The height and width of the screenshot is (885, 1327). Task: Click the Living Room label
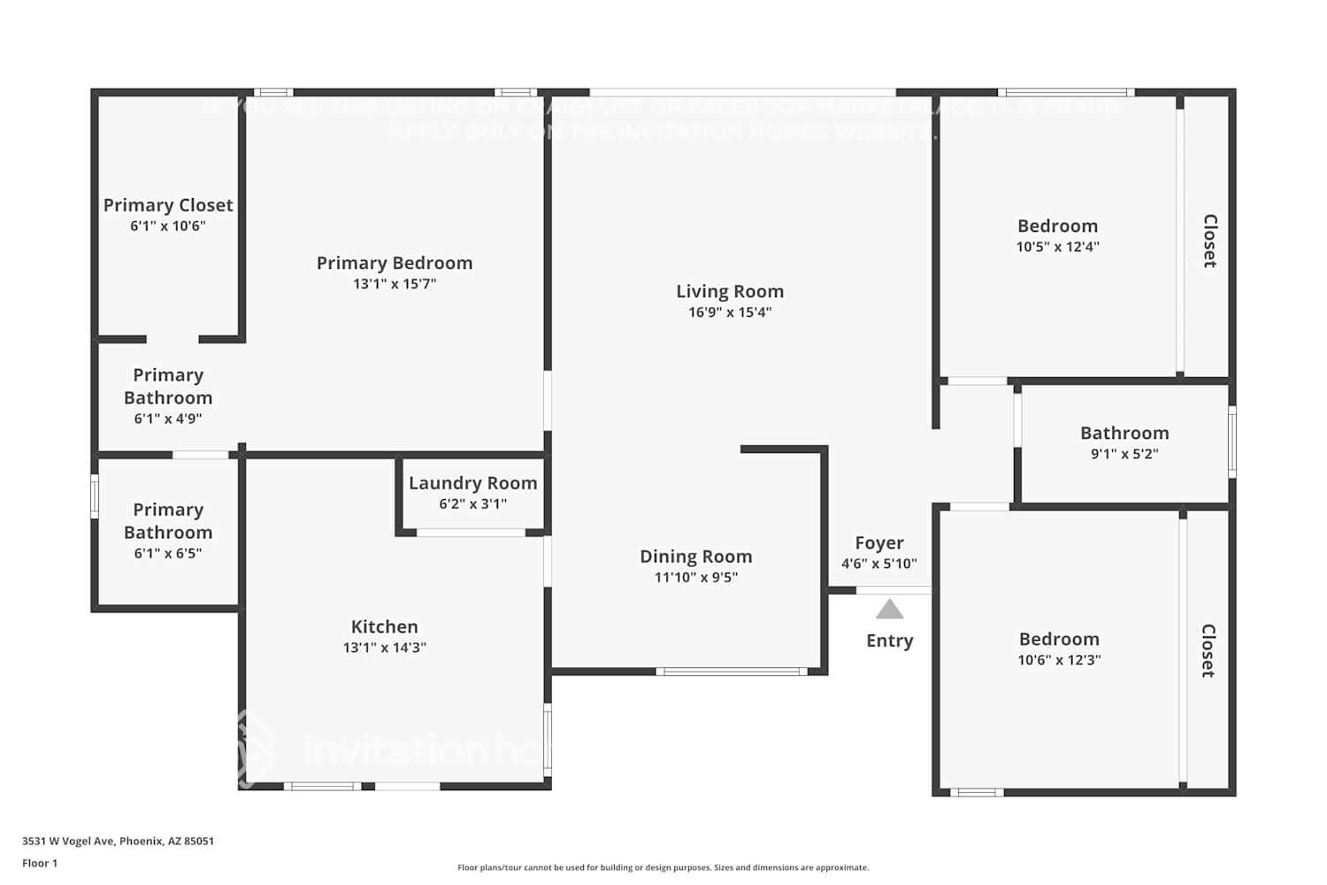point(730,291)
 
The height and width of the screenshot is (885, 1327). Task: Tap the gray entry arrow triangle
point(889,610)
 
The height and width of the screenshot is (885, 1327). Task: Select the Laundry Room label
point(472,483)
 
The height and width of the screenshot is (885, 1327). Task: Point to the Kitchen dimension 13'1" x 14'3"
point(384,648)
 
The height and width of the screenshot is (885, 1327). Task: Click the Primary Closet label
point(168,205)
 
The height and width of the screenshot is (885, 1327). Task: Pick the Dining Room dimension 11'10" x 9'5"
point(695,578)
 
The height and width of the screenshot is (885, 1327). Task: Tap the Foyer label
point(878,543)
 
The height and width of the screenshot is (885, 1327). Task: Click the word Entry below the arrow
point(889,641)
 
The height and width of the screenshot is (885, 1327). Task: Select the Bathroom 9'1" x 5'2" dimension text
point(1124,454)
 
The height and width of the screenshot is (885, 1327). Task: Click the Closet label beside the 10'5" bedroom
point(1209,241)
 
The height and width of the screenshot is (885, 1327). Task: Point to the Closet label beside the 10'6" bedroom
point(1208,650)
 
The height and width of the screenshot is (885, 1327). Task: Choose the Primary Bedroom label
point(395,263)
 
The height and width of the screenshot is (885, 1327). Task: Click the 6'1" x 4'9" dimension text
point(168,419)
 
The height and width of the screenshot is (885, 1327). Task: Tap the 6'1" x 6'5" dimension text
point(168,554)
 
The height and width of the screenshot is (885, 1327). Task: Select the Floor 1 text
point(40,864)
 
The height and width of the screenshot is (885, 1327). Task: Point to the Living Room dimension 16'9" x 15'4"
point(730,312)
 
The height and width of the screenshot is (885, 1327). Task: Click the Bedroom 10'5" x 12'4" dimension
point(1057,247)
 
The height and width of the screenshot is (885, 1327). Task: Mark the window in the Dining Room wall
point(731,672)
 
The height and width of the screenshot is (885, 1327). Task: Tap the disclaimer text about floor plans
point(663,868)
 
